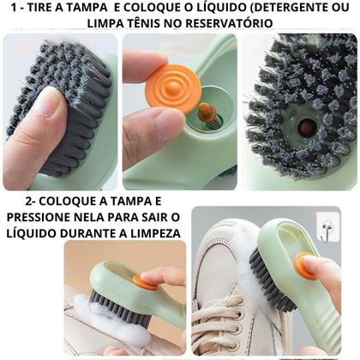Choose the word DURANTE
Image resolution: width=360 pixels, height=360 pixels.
(87, 231)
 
